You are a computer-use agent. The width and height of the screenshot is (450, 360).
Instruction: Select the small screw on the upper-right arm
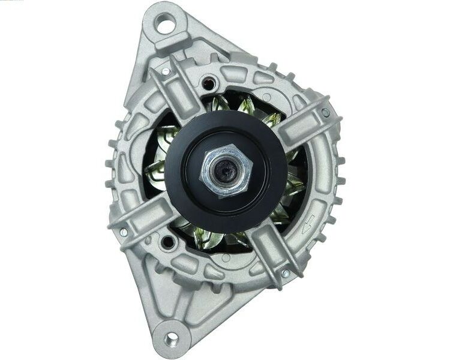coord(325,112)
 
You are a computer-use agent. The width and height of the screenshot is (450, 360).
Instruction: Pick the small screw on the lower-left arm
coord(124,231)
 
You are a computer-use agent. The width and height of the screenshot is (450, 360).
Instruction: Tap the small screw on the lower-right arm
coord(286,274)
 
